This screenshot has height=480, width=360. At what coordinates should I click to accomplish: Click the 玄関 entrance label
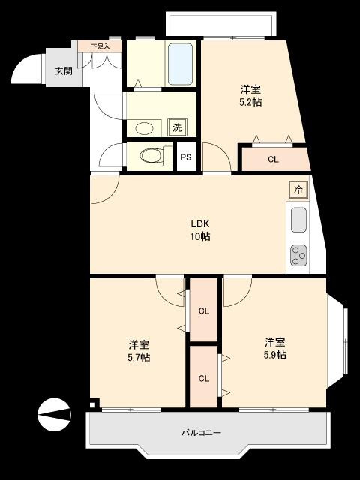pyautogui.click(x=63, y=71)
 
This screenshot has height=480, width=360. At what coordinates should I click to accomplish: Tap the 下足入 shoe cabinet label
pyautogui.click(x=100, y=46)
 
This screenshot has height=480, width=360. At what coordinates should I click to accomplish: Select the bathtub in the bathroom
pyautogui.click(x=181, y=64)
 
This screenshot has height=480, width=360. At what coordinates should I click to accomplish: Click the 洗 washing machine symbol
pyautogui.click(x=177, y=127)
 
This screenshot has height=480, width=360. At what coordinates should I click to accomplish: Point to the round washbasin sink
pyautogui.click(x=144, y=127)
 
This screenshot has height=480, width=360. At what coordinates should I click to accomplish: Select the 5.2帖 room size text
pyautogui.click(x=250, y=102)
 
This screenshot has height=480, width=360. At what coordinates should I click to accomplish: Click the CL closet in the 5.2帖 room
pyautogui.click(x=273, y=159)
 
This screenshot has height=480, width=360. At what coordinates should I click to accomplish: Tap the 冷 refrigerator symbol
pyautogui.click(x=298, y=190)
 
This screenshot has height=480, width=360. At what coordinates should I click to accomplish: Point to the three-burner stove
pyautogui.click(x=298, y=255)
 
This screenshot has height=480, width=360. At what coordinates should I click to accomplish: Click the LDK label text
pyautogui.click(x=199, y=223)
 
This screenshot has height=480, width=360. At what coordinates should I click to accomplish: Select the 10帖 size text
pyautogui.click(x=199, y=236)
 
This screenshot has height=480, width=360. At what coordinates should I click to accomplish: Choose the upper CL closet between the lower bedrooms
pyautogui.click(x=203, y=310)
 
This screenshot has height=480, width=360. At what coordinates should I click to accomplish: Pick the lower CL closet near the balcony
pyautogui.click(x=203, y=377)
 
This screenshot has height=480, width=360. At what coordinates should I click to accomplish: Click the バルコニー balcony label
pyautogui.click(x=201, y=433)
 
